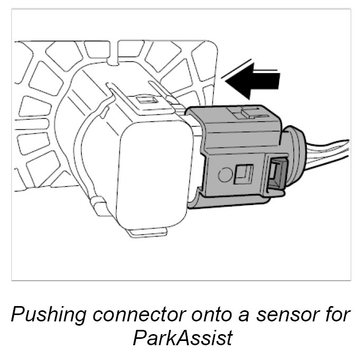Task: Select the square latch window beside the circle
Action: [245, 173]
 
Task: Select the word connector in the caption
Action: [135, 315]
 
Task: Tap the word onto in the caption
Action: [203, 315]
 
